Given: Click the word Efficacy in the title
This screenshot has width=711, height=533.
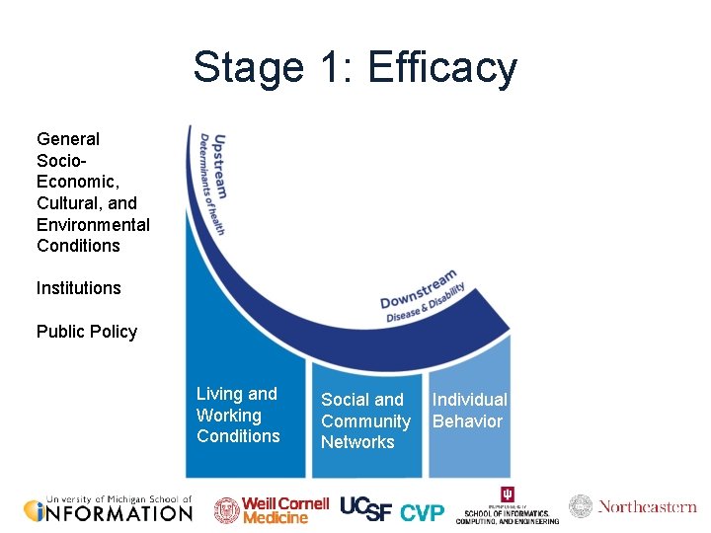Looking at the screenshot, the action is pyautogui.click(x=441, y=68).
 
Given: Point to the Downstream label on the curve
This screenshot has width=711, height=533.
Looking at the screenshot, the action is pyautogui.click(x=419, y=287).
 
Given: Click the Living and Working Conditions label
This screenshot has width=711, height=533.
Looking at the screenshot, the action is pyautogui.click(x=238, y=416).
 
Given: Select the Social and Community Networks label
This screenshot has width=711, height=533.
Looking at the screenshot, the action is pyautogui.click(x=364, y=421).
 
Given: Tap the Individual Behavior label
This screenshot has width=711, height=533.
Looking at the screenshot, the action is pyautogui.click(x=469, y=411).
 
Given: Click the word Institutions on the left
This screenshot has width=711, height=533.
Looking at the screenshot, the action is pyautogui.click(x=79, y=288).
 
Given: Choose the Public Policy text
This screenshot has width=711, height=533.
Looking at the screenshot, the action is pyautogui.click(x=87, y=332).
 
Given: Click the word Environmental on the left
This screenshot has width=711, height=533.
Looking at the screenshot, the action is pyautogui.click(x=93, y=224).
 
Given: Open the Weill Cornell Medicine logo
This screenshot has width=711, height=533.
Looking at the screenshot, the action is pyautogui.click(x=272, y=509).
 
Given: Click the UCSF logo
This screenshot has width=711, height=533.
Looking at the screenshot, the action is pyautogui.click(x=366, y=508).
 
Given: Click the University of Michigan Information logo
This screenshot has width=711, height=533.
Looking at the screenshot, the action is pyautogui.click(x=108, y=508).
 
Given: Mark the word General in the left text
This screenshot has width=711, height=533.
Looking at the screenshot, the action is pyautogui.click(x=68, y=139).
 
